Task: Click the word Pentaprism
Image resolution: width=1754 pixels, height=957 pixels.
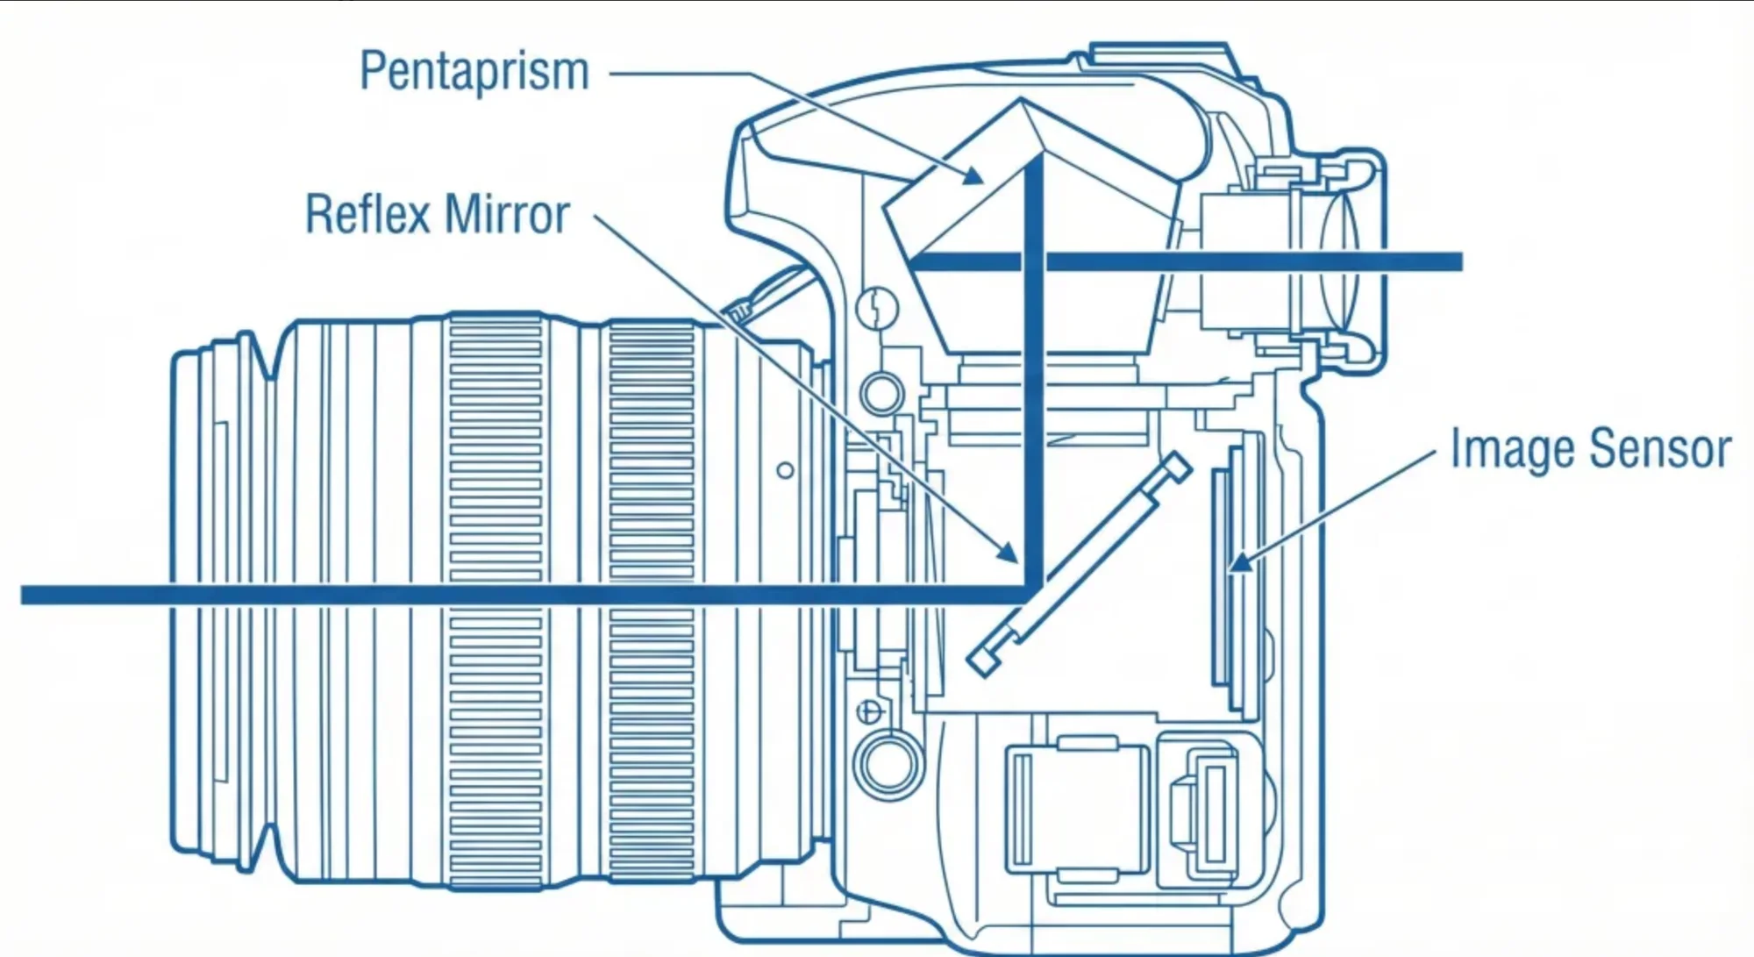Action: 474,72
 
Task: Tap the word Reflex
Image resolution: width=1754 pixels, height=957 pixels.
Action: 368,215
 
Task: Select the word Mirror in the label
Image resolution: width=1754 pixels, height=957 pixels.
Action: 507,215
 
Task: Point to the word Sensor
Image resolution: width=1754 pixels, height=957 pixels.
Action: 1659,449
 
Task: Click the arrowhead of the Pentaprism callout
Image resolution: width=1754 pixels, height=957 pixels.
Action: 973,176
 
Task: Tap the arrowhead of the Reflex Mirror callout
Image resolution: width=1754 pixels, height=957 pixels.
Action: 1008,553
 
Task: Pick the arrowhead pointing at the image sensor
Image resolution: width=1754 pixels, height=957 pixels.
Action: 1237,561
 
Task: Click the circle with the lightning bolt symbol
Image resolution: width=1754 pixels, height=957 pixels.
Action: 877,308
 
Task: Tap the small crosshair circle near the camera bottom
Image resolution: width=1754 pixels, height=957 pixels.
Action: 869,711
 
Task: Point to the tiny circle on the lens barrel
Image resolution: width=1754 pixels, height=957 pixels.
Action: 785,471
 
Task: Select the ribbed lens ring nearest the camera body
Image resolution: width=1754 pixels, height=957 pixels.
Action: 651,596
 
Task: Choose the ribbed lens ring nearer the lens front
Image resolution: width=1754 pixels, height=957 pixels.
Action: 496,596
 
